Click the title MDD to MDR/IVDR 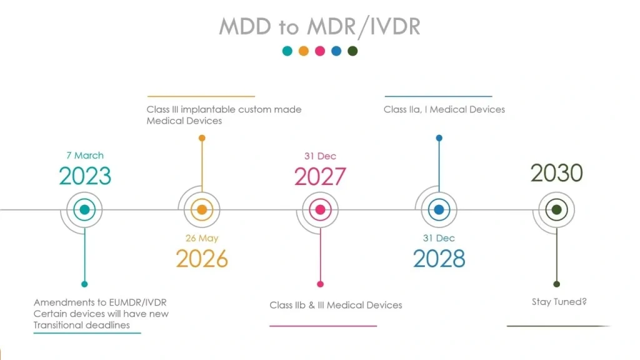319,26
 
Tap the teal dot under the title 287,51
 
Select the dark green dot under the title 352,51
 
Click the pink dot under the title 320,51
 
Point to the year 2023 85,176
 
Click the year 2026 202,259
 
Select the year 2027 320,177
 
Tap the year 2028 439,259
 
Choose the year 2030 556,173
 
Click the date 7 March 85,156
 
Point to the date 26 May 202,238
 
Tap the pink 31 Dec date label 320,156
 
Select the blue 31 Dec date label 439,238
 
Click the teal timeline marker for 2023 84,210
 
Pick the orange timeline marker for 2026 202,210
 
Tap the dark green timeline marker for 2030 556,210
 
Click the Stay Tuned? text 559,302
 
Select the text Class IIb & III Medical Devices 336,305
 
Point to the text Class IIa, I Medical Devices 444,109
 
